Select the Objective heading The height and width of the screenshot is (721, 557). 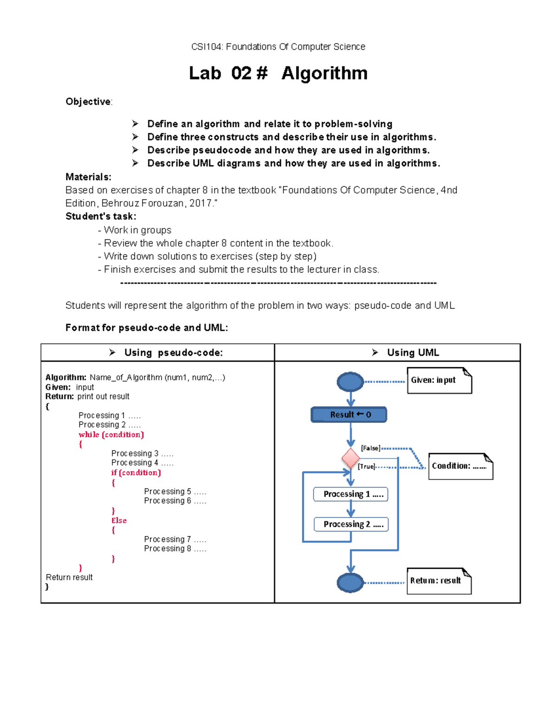point(88,102)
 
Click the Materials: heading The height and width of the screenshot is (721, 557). point(88,177)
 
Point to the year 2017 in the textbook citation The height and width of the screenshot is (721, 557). point(201,203)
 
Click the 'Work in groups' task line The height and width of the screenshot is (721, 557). point(137,230)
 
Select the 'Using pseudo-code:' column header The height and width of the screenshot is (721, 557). point(173,353)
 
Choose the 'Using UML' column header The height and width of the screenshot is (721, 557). point(413,353)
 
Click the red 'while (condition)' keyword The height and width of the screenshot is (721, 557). point(111,435)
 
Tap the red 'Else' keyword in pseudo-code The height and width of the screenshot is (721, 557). point(119,520)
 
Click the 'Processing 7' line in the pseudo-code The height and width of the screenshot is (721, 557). point(175,539)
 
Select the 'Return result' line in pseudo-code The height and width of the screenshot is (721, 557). point(69,577)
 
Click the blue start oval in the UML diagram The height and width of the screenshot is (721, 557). point(350,382)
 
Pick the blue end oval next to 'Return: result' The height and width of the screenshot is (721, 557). point(350,583)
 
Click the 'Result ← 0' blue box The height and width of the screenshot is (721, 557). point(349,415)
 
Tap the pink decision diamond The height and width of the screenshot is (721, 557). point(350,459)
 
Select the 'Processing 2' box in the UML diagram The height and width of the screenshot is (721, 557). point(350,524)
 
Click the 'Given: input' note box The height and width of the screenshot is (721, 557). point(439,381)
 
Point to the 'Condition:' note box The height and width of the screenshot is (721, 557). point(460,466)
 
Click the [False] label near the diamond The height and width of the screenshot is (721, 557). point(370,448)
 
